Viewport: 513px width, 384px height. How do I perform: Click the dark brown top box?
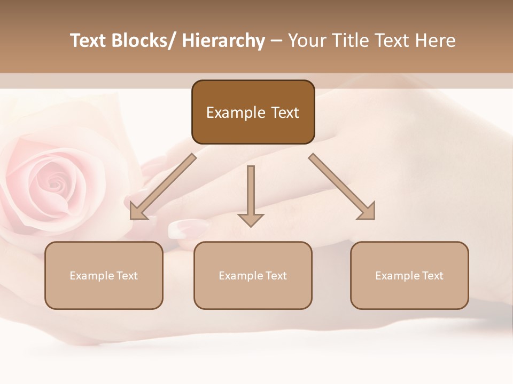pyautogui.click(x=253, y=113)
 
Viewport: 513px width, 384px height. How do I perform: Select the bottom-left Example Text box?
pyautogui.click(x=104, y=275)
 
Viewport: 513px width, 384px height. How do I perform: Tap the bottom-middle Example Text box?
pyautogui.click(x=253, y=275)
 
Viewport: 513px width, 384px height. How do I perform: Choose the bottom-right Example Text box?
pyautogui.click(x=409, y=275)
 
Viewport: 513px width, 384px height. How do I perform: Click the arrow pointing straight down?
pyautogui.click(x=251, y=195)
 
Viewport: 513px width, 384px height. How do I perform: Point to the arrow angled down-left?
pyautogui.click(x=163, y=187)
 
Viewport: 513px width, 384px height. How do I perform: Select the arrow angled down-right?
pyautogui.click(x=342, y=187)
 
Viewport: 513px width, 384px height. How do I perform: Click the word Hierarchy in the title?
pyautogui.click(x=223, y=41)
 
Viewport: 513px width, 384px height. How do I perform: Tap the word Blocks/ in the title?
pyautogui.click(x=144, y=41)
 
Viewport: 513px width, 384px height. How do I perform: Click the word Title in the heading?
pyautogui.click(x=348, y=41)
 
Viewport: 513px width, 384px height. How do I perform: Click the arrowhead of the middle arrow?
pyautogui.click(x=251, y=220)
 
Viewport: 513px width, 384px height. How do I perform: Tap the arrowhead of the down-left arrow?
pyautogui.click(x=137, y=212)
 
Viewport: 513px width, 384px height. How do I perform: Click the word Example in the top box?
pyautogui.click(x=229, y=113)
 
